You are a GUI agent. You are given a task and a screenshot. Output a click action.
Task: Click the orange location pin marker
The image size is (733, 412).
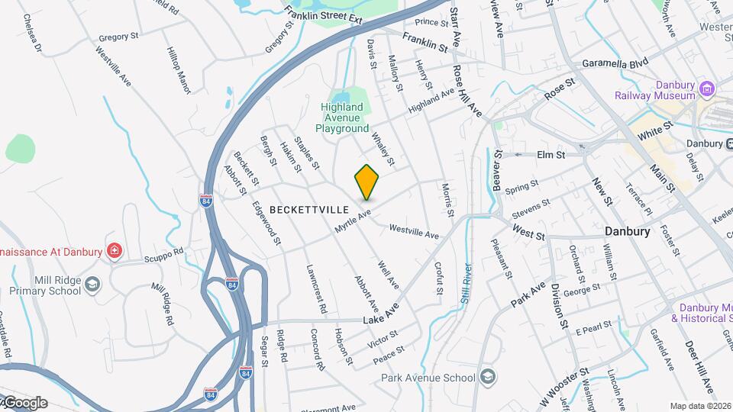(367, 182)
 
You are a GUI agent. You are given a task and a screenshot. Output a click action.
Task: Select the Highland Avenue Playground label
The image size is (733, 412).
(342, 118)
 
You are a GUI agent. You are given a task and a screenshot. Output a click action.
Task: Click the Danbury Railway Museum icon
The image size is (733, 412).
(706, 90)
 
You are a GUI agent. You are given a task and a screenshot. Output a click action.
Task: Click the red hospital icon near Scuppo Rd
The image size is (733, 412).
(115, 249)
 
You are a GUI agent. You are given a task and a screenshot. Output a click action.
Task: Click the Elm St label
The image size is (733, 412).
(550, 154)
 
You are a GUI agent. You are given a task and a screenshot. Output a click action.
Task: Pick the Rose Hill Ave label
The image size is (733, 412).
(468, 91)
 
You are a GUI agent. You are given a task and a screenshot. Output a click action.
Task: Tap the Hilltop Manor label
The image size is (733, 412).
(178, 70)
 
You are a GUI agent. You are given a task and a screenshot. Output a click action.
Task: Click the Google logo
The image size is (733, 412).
(24, 402)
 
